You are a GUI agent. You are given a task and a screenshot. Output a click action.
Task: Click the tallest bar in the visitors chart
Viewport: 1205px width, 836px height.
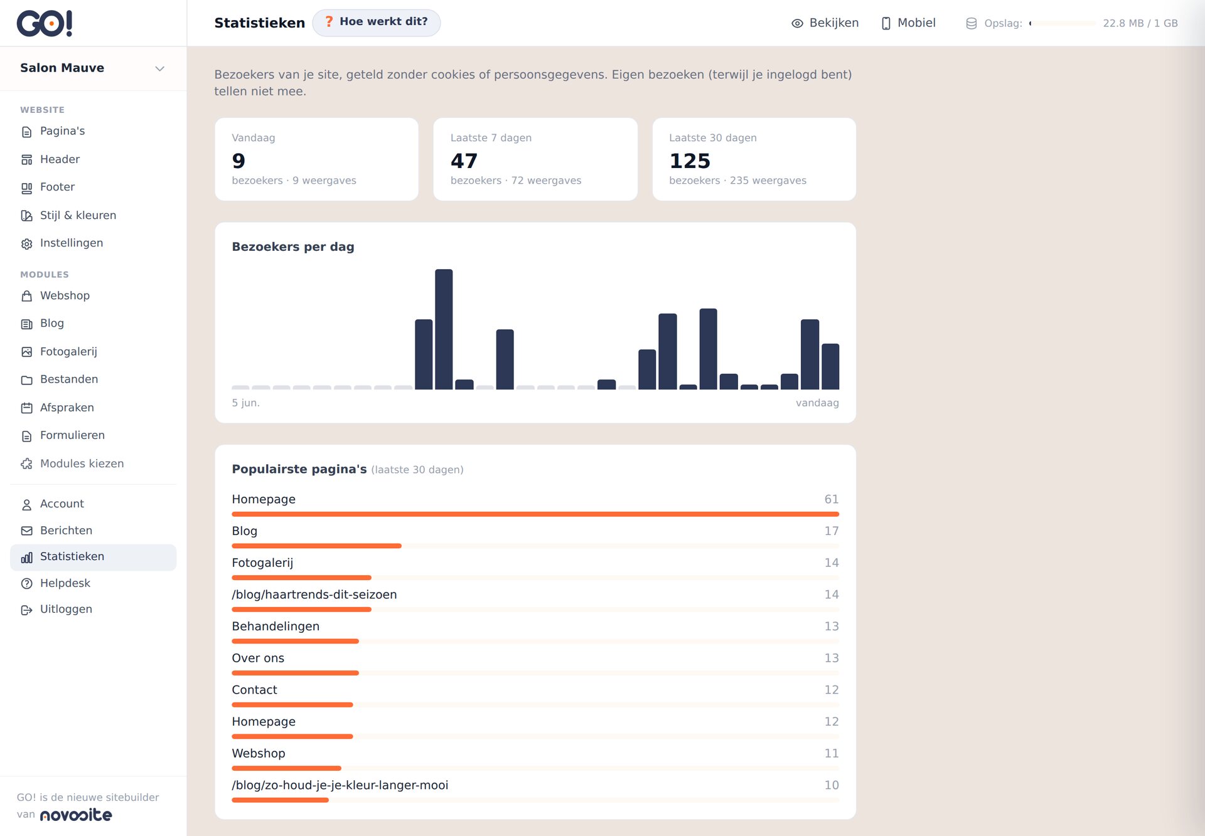[444, 329]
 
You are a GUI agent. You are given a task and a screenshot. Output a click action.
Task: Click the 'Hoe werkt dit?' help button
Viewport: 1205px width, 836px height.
[377, 23]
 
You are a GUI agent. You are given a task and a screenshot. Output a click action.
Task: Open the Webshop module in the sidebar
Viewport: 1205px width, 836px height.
[65, 295]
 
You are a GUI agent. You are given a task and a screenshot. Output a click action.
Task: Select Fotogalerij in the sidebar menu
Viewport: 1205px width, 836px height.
[68, 351]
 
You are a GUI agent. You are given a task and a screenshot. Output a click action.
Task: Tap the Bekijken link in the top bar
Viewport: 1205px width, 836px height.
[825, 23]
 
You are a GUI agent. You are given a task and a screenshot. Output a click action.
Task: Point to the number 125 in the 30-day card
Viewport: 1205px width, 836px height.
[690, 161]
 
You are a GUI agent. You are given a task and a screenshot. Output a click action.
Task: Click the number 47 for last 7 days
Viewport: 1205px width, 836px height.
[464, 161]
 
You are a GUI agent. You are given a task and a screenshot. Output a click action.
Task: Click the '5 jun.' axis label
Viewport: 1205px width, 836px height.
[245, 403]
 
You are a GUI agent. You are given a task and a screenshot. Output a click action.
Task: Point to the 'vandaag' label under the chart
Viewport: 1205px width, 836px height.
[817, 403]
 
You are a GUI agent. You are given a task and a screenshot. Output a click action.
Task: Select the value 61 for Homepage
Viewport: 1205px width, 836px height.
[832, 499]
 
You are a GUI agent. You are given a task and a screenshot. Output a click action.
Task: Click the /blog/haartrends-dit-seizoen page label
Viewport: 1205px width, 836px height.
[314, 595]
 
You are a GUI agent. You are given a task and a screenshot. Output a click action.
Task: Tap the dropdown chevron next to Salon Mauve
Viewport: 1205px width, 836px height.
[160, 68]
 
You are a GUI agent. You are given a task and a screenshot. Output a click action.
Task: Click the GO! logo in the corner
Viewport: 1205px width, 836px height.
[45, 23]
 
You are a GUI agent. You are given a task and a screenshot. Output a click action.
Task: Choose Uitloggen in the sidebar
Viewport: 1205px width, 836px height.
[66, 609]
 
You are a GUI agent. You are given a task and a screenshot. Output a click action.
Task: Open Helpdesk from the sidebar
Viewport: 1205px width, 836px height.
[65, 583]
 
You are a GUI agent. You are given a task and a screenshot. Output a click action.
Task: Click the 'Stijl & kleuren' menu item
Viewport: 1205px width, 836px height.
[78, 215]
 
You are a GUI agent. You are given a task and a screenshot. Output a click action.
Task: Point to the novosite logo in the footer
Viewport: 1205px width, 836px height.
[76, 815]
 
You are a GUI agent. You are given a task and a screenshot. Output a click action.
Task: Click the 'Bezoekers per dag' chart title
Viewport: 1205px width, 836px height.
[293, 246]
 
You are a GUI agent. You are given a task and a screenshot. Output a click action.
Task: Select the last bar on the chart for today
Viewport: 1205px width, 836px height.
[830, 366]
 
